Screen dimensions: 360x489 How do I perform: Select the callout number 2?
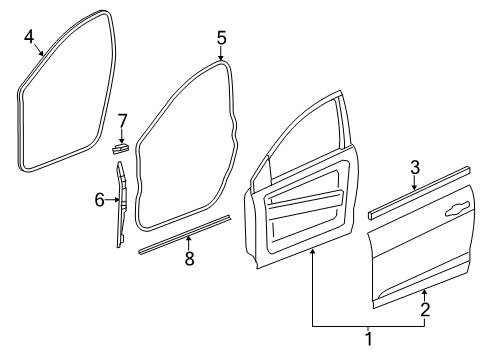pyautogui.click(x=425, y=310)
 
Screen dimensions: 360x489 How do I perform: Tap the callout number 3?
pyautogui.click(x=414, y=166)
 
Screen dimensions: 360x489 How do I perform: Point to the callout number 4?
pyautogui.click(x=30, y=37)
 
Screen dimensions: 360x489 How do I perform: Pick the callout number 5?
pyautogui.click(x=222, y=38)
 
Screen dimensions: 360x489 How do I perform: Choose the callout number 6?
pyautogui.click(x=100, y=200)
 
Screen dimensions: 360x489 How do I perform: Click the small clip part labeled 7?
pyautogui.click(x=120, y=147)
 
